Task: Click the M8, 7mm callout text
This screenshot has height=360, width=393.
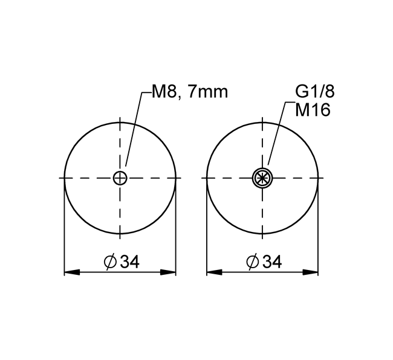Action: pyautogui.click(x=190, y=92)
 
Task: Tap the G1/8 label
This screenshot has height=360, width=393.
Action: pyautogui.click(x=315, y=92)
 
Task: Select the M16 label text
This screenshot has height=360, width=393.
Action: pyautogui.click(x=313, y=110)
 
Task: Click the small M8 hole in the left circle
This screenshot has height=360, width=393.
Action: pyautogui.click(x=120, y=178)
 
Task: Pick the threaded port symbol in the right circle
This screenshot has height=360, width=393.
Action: pyautogui.click(x=262, y=178)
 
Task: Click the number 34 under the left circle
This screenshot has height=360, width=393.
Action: pyautogui.click(x=129, y=262)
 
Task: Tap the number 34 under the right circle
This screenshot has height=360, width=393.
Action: pyautogui.click(x=272, y=262)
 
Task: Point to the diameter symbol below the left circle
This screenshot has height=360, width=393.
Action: pyautogui.click(x=110, y=262)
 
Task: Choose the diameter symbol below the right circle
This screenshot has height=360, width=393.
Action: pyautogui.click(x=253, y=262)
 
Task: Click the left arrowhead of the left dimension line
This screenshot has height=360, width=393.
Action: pyautogui.click(x=72, y=272)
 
